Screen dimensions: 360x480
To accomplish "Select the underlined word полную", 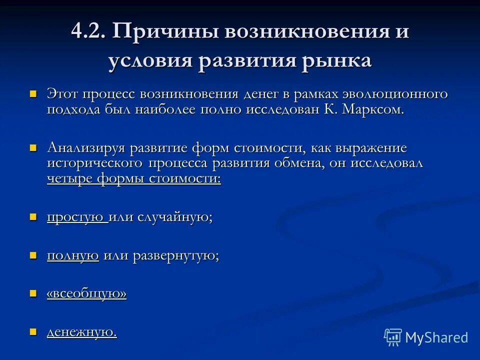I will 72,255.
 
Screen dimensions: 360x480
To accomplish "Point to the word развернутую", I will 175,255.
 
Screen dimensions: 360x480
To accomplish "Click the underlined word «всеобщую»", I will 86,293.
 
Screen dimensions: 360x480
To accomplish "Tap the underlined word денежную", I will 81,331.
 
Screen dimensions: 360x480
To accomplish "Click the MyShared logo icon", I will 393,337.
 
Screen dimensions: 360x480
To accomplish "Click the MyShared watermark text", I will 436,337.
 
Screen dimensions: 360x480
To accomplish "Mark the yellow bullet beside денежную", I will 34,331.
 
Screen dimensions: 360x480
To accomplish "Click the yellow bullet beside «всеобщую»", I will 34,293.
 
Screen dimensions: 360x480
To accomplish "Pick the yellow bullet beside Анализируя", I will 34,148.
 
